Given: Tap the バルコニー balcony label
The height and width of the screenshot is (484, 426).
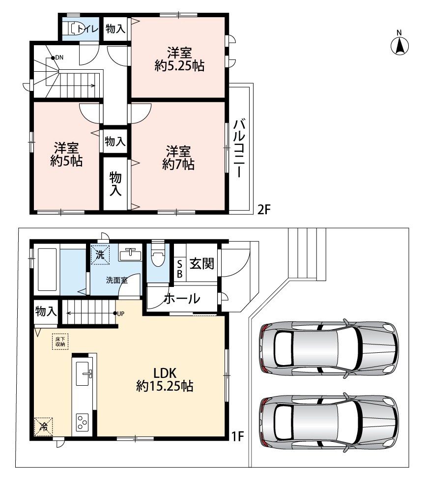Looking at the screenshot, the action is [x=239, y=148].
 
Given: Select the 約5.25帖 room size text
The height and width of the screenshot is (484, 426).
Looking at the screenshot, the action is [x=179, y=66].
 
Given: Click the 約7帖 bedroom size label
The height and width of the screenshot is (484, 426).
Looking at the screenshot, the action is [x=178, y=165].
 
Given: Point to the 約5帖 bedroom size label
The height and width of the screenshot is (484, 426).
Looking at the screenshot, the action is [x=66, y=161].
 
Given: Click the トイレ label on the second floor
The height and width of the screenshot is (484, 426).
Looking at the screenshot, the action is [x=87, y=29].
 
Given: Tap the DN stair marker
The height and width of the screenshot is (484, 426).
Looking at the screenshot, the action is [x=57, y=57].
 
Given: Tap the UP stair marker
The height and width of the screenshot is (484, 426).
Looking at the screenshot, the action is [x=119, y=313].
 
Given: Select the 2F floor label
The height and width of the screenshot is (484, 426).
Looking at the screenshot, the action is [x=264, y=210].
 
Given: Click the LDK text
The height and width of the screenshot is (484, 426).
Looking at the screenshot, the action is [x=165, y=373].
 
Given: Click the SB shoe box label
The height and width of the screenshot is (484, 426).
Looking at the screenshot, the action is [x=180, y=269].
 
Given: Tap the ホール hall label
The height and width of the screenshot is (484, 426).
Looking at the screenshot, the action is [x=182, y=298].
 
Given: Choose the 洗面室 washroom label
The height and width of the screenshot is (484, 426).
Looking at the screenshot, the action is [x=116, y=280].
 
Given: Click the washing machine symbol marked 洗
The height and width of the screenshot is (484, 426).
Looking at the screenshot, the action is [x=100, y=255].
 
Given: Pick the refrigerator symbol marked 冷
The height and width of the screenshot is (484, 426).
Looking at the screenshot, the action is [x=43, y=427].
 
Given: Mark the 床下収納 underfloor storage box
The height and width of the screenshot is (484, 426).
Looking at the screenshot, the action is [x=60, y=342].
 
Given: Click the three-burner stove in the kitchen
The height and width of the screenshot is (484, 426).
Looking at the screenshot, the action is [x=83, y=422].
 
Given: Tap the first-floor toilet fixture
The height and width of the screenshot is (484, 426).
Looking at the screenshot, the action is [x=158, y=255].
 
